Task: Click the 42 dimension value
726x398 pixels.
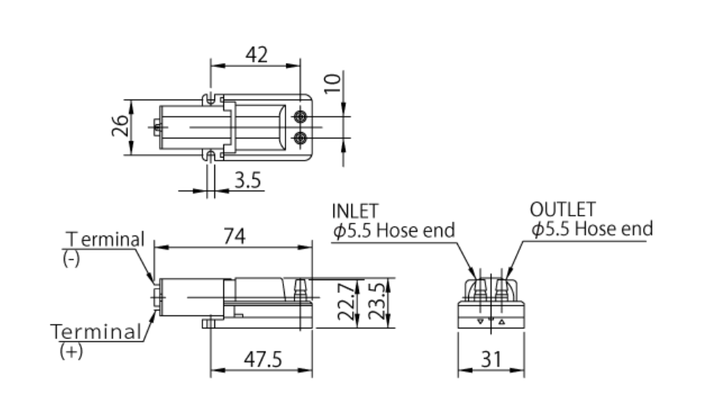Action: click(256, 55)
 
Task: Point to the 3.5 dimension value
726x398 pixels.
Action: click(247, 180)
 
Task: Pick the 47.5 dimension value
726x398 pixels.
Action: click(261, 360)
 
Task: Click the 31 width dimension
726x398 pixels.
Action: click(491, 360)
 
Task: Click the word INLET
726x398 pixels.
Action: click(355, 210)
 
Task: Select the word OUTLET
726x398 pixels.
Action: click(562, 209)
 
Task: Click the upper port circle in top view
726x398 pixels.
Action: click(300, 117)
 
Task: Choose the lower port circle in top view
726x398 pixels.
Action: click(300, 137)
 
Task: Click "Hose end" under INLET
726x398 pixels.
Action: click(414, 230)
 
